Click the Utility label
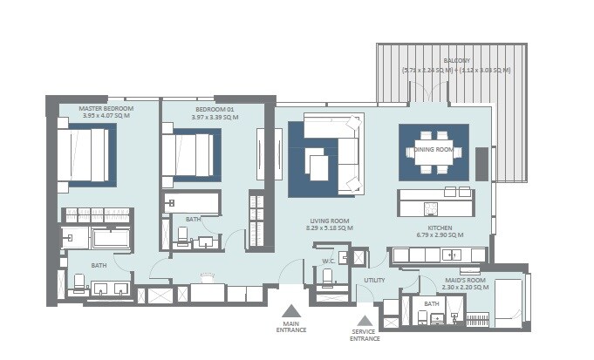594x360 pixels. pyautogui.click(x=374, y=280)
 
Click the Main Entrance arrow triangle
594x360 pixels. pyautogui.click(x=290, y=309)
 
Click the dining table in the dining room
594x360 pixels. pyautogui.click(x=434, y=148)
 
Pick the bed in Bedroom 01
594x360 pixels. pyautogui.click(x=188, y=154)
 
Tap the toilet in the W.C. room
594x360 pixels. pyautogui.click(x=328, y=278)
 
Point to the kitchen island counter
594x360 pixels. pyautogui.click(x=436, y=202)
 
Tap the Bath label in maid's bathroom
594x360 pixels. pyautogui.click(x=430, y=303)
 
